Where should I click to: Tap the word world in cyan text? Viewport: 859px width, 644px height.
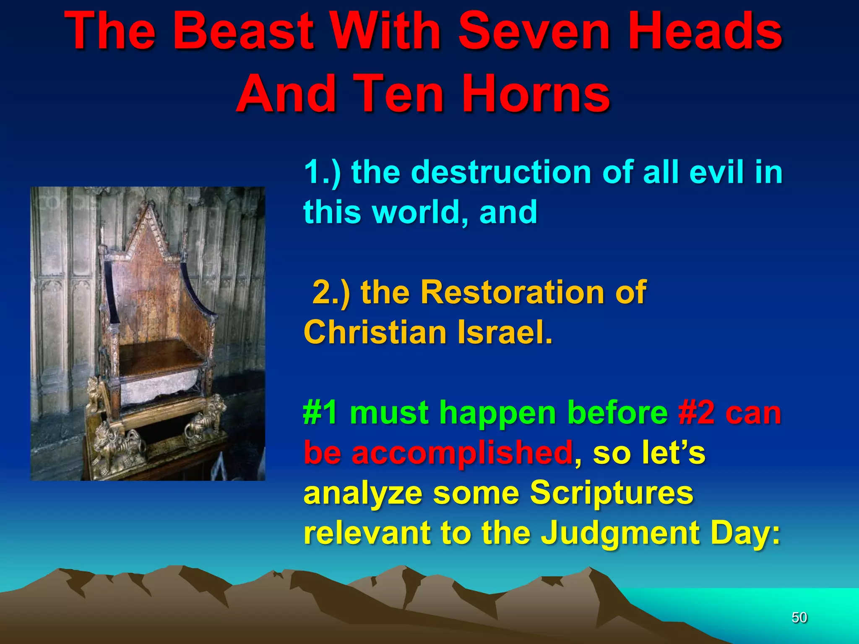pos(419,212)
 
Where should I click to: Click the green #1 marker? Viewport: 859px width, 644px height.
pos(320,413)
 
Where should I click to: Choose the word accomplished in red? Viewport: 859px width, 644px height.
pos(462,453)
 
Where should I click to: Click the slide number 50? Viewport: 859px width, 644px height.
pos(799,617)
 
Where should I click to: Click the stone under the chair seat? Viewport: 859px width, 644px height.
pos(159,388)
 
